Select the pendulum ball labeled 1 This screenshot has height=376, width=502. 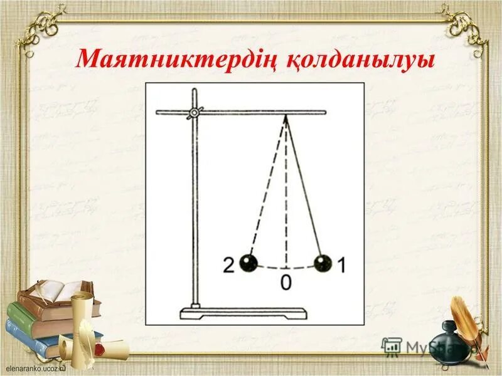pyautogui.click(x=323, y=263)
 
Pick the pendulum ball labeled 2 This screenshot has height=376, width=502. pyautogui.click(x=248, y=263)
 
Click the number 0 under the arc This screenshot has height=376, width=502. pyautogui.click(x=286, y=283)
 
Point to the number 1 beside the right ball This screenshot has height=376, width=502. pyautogui.click(x=341, y=265)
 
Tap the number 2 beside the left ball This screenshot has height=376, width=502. pyautogui.click(x=229, y=265)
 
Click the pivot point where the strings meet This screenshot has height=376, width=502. pyautogui.click(x=286, y=115)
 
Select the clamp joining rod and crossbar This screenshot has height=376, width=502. pyautogui.click(x=195, y=113)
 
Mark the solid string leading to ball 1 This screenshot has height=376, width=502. pyautogui.click(x=305, y=188)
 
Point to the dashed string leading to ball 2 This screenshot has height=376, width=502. pyautogui.click(x=267, y=188)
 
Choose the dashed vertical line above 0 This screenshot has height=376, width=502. pyautogui.click(x=286, y=201)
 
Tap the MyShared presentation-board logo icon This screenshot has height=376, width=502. pyautogui.click(x=392, y=345)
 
